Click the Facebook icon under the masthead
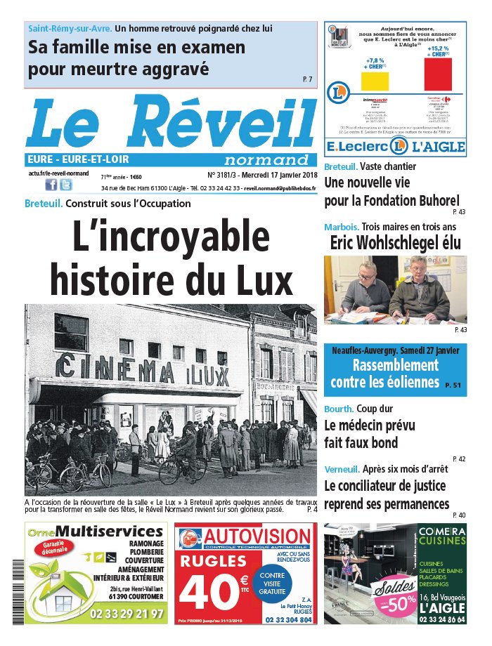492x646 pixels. point(51,185)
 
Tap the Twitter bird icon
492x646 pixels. point(65,185)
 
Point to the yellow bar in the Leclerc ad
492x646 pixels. point(374,81)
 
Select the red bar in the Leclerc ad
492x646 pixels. point(438,74)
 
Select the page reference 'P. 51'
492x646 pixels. point(453,385)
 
